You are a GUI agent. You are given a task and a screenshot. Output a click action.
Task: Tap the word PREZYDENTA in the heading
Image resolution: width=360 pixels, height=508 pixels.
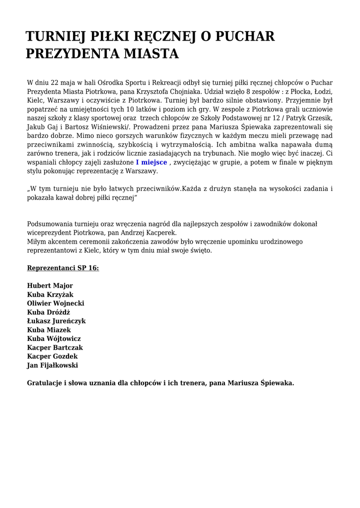75,54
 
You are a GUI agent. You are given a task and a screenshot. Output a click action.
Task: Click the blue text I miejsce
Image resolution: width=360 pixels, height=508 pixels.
151,162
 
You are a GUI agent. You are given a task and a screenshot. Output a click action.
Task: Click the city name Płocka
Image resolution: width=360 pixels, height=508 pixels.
290,91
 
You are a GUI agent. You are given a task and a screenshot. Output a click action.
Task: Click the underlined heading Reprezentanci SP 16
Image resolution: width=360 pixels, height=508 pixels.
63,268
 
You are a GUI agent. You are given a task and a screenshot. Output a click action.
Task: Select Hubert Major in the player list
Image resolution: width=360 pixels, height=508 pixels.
50,286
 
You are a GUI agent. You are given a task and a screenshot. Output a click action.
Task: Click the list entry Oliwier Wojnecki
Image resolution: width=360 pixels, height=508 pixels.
56,303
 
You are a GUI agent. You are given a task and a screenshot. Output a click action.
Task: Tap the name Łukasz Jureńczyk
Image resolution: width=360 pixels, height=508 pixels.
56,321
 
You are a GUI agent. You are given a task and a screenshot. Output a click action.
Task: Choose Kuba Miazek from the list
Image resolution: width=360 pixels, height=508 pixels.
49,330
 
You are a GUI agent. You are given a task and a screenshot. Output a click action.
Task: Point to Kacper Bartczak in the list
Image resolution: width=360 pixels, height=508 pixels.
55,348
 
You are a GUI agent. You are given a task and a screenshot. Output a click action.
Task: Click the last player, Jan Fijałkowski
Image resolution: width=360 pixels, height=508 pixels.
52,366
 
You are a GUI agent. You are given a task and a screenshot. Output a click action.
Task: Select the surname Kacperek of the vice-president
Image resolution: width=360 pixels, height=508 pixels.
159,233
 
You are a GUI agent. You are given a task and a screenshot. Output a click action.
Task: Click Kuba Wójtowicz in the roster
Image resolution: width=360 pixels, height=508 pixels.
54,339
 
